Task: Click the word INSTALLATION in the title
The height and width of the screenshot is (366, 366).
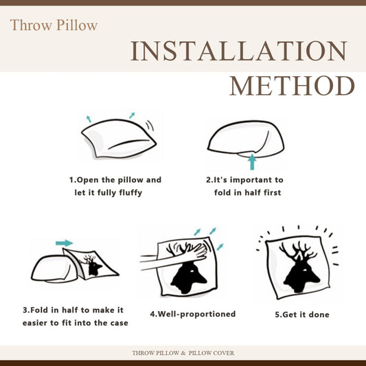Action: pyautogui.click(x=238, y=51)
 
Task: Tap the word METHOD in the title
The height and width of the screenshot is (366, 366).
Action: pyautogui.click(x=293, y=86)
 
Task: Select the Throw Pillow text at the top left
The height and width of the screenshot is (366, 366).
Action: pyautogui.click(x=54, y=25)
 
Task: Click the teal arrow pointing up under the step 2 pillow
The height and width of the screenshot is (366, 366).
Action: pyautogui.click(x=252, y=162)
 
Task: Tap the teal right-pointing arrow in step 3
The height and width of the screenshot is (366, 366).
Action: pyautogui.click(x=64, y=243)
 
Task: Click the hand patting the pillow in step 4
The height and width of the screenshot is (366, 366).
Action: pyautogui.click(x=174, y=256)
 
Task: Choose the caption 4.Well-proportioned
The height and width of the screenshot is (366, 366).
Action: pyautogui.click(x=193, y=314)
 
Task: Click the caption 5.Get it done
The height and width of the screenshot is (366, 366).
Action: pyautogui.click(x=302, y=314)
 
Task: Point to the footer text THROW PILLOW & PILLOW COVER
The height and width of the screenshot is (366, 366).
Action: pyautogui.click(x=183, y=353)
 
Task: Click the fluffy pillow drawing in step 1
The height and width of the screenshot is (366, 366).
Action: pyautogui.click(x=119, y=139)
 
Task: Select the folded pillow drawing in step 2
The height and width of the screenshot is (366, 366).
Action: pyautogui.click(x=246, y=139)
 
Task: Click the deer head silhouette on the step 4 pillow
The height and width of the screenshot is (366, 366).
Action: pyautogui.click(x=189, y=277)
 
